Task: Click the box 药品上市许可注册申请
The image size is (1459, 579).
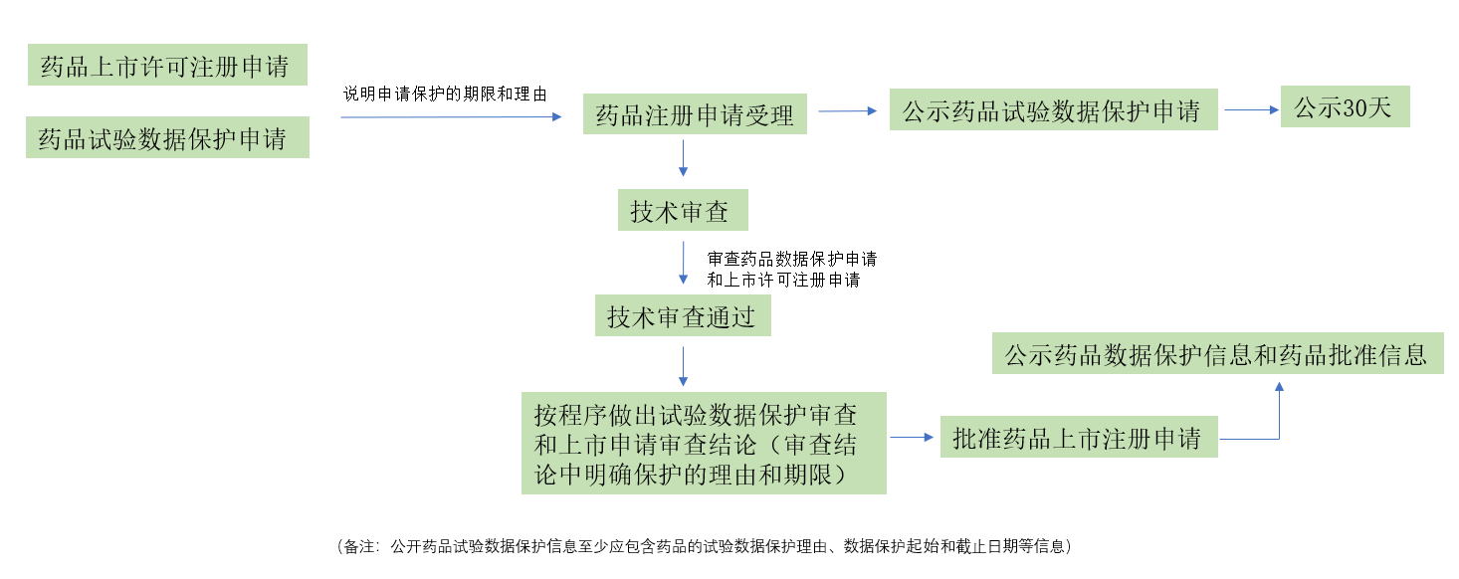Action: [x=166, y=66]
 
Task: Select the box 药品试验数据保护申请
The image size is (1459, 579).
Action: [x=166, y=138]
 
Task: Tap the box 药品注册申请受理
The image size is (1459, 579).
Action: [x=695, y=114]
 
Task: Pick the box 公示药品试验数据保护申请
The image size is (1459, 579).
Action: [x=1053, y=110]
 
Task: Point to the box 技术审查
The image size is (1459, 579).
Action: [x=681, y=211]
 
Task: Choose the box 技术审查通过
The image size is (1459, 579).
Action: [x=682, y=316]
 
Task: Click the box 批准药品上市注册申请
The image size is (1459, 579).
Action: [x=1078, y=438]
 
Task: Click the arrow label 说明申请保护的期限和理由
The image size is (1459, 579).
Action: [x=445, y=94]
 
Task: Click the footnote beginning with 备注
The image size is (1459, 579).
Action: [x=703, y=546]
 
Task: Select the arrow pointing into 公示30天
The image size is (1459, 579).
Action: [x=1252, y=110]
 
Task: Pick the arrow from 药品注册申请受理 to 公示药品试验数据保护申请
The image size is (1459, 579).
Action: [x=847, y=111]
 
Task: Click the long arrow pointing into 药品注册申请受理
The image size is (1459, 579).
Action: [x=452, y=117]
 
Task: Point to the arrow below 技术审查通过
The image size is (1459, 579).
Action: [x=683, y=366]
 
